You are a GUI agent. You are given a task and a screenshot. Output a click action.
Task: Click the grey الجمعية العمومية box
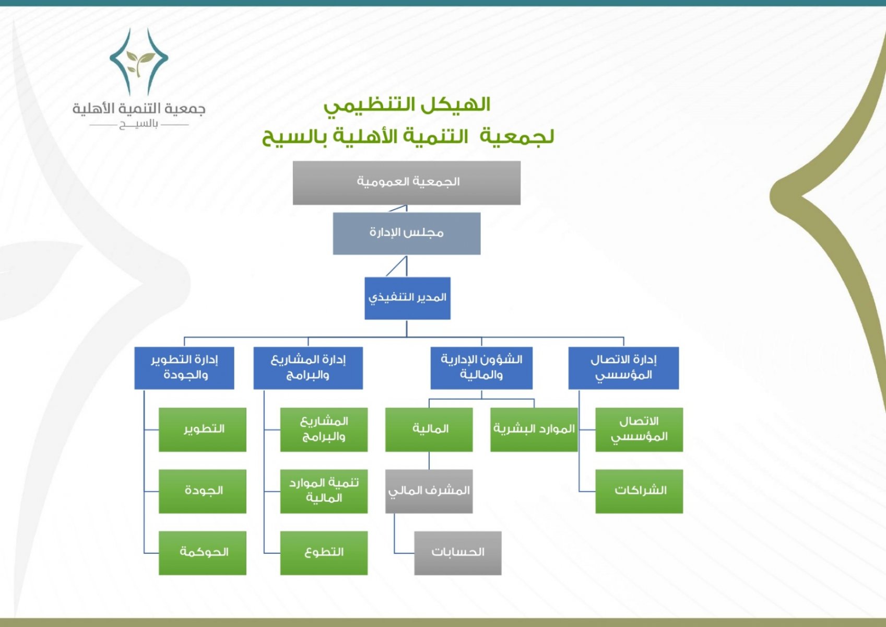pos(407,183)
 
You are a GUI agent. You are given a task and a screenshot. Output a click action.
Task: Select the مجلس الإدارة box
pos(407,234)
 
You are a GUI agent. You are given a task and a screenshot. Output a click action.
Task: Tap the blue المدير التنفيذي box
pos(407,298)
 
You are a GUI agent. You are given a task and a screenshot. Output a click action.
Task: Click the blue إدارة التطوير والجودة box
pos(184,368)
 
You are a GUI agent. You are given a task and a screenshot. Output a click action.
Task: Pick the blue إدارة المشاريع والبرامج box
pos(308,368)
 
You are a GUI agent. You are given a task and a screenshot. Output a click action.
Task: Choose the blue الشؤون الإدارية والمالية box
pos(481,368)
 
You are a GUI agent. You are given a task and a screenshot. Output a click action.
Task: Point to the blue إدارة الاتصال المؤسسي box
pos(624,368)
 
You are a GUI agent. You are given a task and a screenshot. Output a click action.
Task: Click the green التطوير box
pos(203,430)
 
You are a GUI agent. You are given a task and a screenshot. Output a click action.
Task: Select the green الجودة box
pos(203,492)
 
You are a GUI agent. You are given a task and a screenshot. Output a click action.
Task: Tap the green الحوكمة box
pos(203,553)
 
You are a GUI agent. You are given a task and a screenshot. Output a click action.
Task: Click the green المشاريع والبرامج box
pos(324,430)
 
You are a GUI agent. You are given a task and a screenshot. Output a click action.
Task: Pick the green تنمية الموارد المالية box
pos(324,492)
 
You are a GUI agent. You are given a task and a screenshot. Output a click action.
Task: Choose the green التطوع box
pos(324,553)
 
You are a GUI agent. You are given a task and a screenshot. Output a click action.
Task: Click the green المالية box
pos(429,430)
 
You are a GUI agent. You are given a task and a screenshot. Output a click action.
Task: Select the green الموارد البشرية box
pos(534,430)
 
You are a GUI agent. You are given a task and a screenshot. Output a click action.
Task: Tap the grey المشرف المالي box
pos(429,492)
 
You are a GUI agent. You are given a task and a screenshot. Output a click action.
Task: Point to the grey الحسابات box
pos(458,553)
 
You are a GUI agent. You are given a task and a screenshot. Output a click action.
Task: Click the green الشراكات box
pos(639,492)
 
